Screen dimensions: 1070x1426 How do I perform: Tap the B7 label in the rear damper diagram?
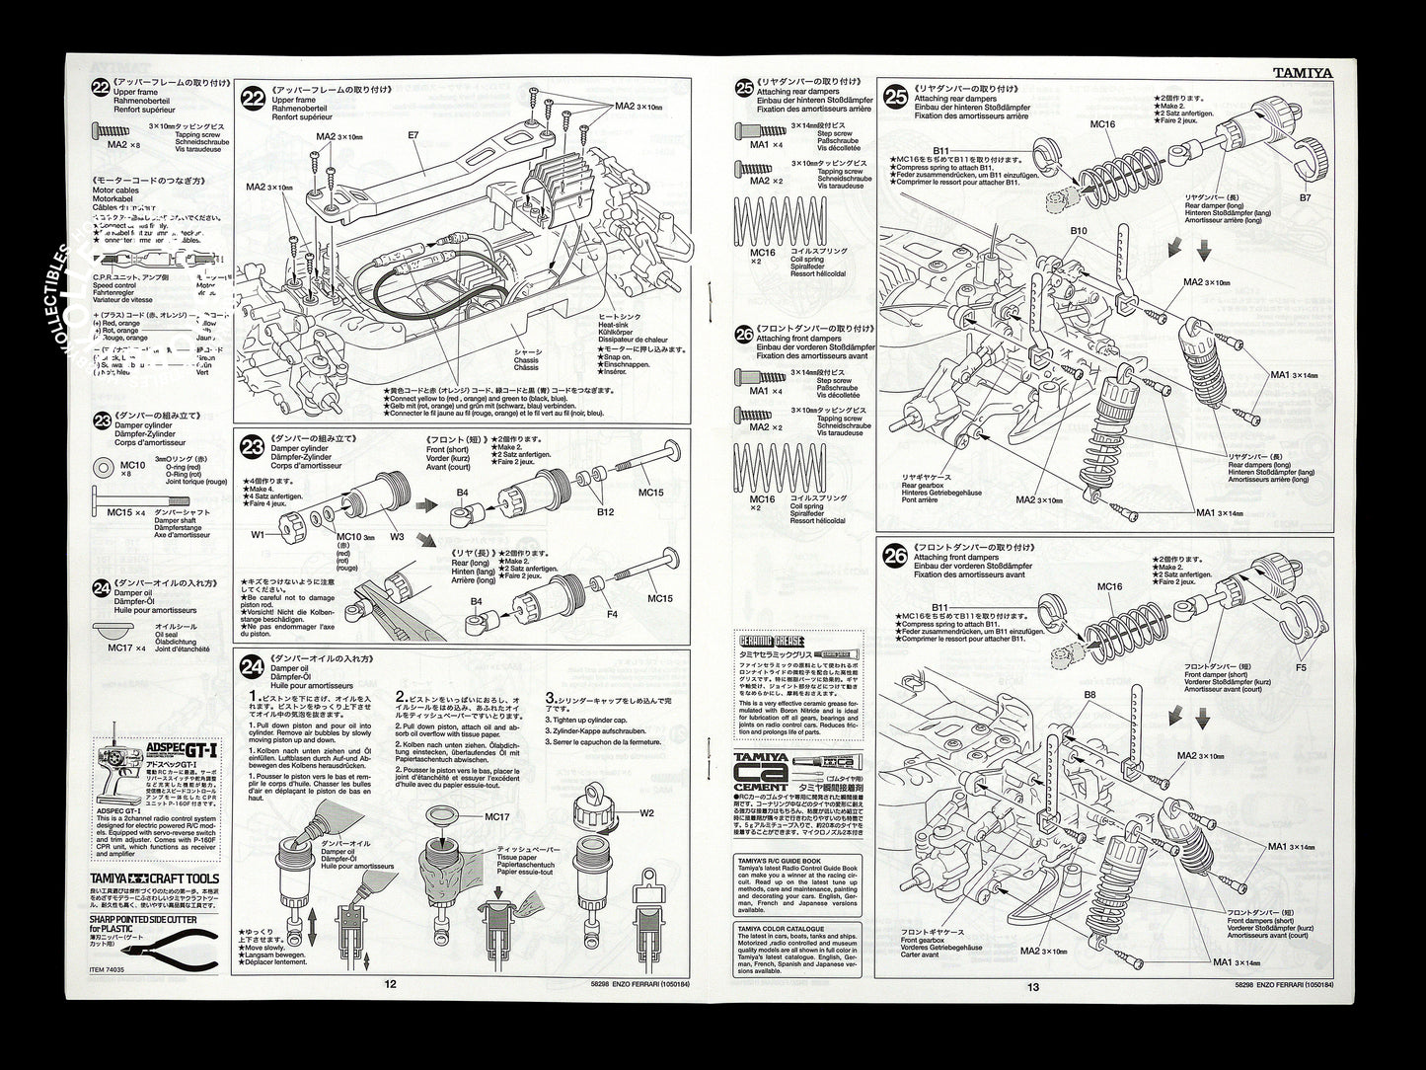coord(1306,197)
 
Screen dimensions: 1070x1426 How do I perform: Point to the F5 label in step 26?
coord(1300,668)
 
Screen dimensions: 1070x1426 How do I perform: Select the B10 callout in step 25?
coord(1079,231)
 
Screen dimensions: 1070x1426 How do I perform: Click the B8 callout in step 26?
coord(1089,695)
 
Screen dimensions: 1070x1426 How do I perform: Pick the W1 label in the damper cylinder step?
coord(258,536)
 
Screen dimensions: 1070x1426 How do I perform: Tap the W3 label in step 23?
coord(397,537)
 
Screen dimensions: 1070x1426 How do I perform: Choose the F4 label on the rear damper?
coord(611,614)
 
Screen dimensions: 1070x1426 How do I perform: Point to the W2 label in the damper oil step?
coord(646,814)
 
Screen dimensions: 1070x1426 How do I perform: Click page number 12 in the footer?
coord(391,984)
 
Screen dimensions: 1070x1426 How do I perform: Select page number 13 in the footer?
coord(1033,986)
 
